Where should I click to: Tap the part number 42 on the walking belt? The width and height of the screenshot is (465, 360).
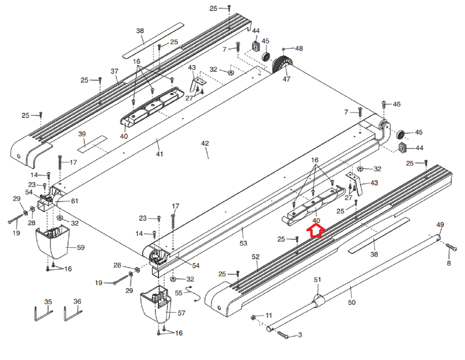[205, 143]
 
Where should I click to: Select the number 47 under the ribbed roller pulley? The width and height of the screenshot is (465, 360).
[286, 79]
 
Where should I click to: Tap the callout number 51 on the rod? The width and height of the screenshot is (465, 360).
[318, 279]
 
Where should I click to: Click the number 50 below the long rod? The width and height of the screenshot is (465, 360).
[352, 302]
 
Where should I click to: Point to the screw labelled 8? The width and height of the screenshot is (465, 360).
[451, 247]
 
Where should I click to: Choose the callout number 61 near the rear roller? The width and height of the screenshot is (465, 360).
[75, 201]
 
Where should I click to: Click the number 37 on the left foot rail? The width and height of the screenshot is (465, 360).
[114, 71]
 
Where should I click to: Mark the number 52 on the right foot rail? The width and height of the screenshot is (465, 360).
[256, 257]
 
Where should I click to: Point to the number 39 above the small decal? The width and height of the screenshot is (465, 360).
[82, 134]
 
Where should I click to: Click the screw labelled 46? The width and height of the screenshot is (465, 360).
[384, 104]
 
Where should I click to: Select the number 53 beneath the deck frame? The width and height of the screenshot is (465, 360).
[243, 243]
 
